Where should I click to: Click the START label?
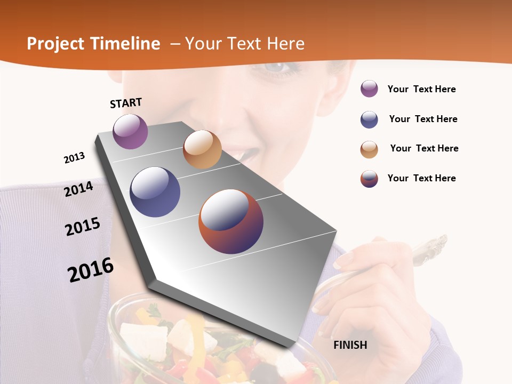point(126,103)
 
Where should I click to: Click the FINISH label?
point(350,345)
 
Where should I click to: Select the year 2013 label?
point(74,158)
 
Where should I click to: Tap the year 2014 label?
point(79,189)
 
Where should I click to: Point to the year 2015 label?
point(83,227)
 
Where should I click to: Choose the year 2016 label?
point(91,270)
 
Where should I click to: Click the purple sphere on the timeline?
point(130,131)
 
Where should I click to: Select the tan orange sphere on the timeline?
point(202,149)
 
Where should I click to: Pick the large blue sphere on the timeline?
point(155,192)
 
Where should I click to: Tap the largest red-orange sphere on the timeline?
point(231,221)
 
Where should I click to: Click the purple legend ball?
point(369,89)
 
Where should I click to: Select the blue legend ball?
point(369,119)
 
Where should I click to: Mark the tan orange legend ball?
point(369,149)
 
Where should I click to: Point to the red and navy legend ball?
point(369,179)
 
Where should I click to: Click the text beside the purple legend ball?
point(421,89)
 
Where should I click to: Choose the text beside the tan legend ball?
point(424,148)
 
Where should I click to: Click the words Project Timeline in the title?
point(93,44)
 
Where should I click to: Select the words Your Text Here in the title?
point(245,44)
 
